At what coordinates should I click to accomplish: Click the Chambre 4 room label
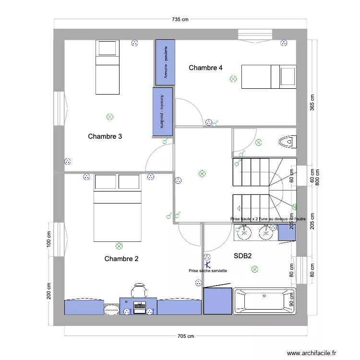click(205, 68)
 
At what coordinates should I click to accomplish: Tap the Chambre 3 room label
click(105, 136)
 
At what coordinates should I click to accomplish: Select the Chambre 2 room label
click(121, 259)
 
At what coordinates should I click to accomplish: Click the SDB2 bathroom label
click(243, 256)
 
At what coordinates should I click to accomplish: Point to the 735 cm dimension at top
click(180, 20)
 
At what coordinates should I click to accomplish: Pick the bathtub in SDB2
click(263, 301)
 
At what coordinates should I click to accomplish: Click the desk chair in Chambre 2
click(139, 291)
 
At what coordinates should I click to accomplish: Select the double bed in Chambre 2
click(118, 216)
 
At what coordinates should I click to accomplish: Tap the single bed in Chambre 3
click(107, 67)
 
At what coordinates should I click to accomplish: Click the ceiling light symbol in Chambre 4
click(233, 79)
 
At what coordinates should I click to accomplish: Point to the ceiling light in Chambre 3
click(110, 117)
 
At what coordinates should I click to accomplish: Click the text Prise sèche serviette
click(208, 271)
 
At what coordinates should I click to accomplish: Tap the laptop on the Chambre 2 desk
click(140, 306)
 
